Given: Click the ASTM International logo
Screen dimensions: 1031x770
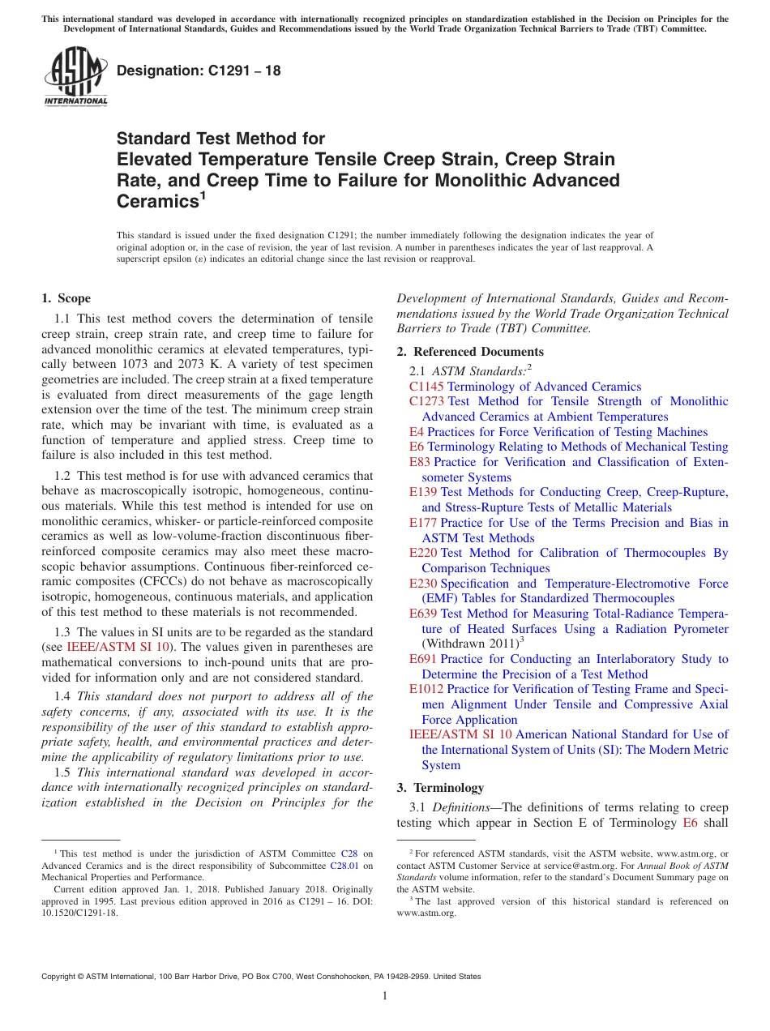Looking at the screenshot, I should (x=75, y=75).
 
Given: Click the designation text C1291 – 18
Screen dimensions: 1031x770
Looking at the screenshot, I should (x=199, y=71).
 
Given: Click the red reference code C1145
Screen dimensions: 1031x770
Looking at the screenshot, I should (x=426, y=387).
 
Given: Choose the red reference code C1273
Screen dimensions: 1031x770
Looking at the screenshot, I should (x=426, y=401).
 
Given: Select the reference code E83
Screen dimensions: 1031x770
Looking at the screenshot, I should (x=420, y=462).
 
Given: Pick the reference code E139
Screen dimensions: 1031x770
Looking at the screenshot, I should (x=423, y=492).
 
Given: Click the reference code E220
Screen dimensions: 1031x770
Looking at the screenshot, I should (x=423, y=553).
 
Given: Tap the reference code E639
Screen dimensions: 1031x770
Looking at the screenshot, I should (x=423, y=614).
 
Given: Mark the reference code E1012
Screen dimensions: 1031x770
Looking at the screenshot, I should (x=426, y=689).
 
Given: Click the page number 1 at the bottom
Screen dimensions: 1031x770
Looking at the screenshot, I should (x=385, y=995).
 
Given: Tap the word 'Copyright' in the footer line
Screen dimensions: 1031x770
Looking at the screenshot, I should (x=62, y=977).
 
